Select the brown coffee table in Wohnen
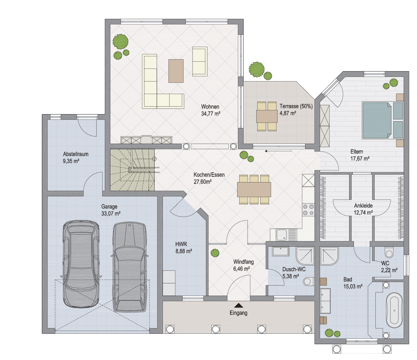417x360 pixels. click(x=176, y=71)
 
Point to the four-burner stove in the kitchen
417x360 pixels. click(x=308, y=210)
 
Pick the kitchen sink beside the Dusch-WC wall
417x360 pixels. click(x=283, y=235)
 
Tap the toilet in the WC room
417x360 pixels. click(x=389, y=253)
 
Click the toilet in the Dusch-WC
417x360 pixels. click(x=309, y=281)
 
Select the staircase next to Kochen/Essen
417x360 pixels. click(x=132, y=170)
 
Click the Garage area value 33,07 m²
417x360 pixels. click(x=111, y=213)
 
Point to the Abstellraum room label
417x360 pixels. click(x=76, y=154)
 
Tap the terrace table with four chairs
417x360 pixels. click(x=267, y=116)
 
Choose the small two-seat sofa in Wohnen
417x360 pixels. click(x=200, y=62)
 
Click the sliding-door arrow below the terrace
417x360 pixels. click(x=278, y=151)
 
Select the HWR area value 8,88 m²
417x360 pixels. click(x=184, y=251)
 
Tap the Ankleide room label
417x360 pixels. click(x=363, y=206)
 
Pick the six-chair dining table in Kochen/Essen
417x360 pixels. click(x=254, y=189)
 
